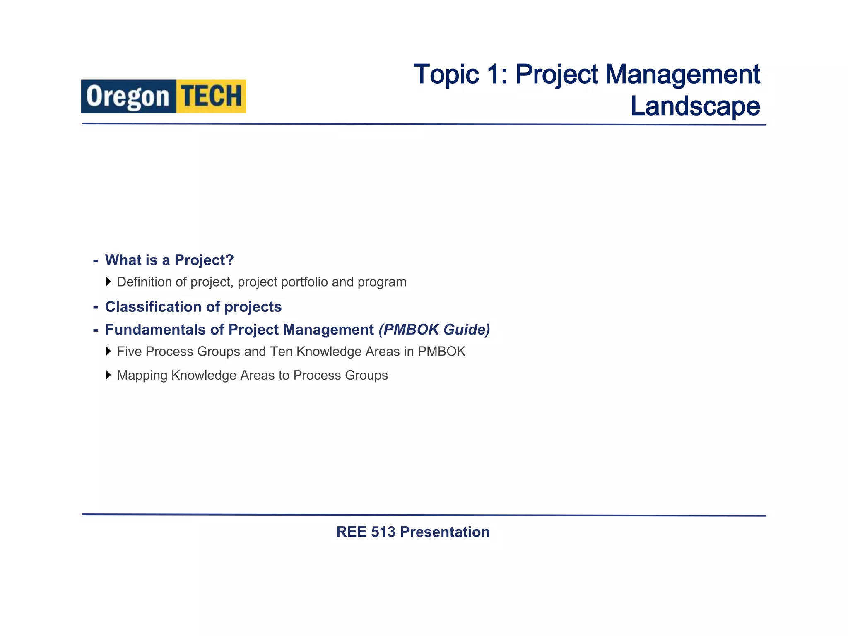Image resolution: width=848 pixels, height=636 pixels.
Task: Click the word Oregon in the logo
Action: (x=128, y=97)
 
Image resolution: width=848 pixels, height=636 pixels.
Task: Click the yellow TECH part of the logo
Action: (x=211, y=96)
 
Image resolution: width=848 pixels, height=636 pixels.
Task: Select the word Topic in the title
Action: (x=446, y=75)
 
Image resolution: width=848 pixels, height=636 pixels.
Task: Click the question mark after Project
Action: (x=229, y=260)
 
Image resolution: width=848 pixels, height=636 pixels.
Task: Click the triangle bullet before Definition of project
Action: (x=108, y=282)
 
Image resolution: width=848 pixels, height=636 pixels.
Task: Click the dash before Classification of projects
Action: (x=96, y=307)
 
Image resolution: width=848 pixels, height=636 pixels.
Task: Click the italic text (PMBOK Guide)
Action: (x=434, y=330)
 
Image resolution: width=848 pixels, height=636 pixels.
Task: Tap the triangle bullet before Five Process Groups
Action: (x=108, y=352)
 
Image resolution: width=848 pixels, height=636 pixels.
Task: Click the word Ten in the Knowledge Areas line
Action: (x=281, y=352)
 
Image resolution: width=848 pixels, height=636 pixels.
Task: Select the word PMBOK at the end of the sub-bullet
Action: (x=441, y=352)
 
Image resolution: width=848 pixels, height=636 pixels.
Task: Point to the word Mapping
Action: (x=142, y=375)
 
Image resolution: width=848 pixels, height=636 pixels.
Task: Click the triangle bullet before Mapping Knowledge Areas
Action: (x=108, y=375)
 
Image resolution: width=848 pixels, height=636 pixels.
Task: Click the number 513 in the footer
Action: (x=383, y=532)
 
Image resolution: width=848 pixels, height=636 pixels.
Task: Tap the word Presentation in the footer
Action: (x=445, y=532)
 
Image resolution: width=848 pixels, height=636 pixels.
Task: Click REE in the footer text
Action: (x=352, y=532)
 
